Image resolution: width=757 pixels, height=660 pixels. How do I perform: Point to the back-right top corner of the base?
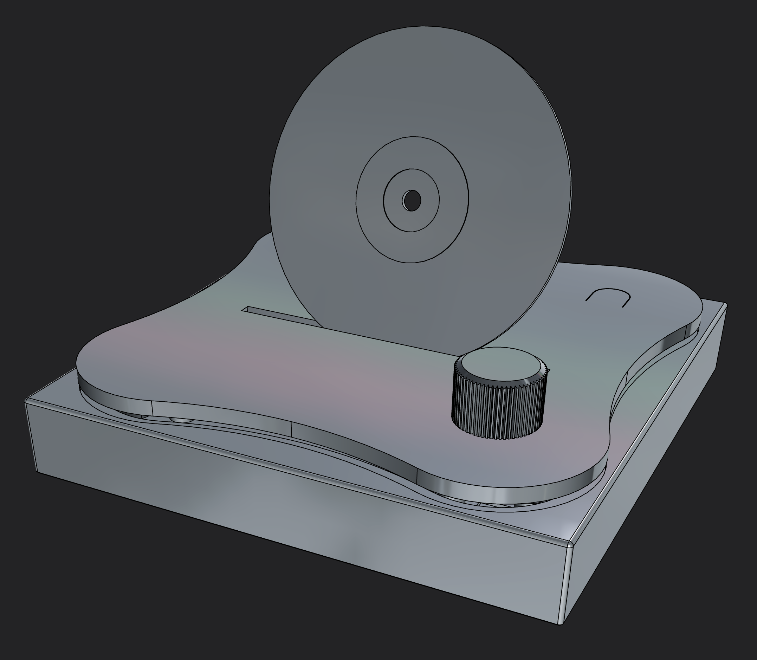point(725,305)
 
